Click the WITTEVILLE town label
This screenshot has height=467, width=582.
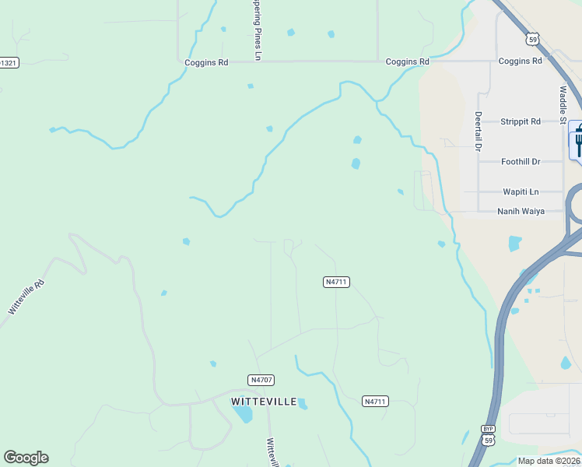coord(264,402)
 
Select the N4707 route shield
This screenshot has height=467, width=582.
coord(261,380)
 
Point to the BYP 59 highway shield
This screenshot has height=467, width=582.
coord(488,435)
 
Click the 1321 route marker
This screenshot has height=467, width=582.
coord(8,62)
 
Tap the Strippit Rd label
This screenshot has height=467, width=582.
coord(521,121)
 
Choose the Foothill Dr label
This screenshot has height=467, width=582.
coord(521,162)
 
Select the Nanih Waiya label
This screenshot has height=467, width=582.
coord(521,211)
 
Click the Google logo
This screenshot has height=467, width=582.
coord(26,458)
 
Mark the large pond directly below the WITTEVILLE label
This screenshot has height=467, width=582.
coord(243,414)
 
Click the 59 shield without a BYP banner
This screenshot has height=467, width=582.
coord(532,38)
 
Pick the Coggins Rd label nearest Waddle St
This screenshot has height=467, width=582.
coord(520,61)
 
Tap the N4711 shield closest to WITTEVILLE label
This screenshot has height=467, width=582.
coord(375,402)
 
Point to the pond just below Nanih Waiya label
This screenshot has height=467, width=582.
coord(514,244)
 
